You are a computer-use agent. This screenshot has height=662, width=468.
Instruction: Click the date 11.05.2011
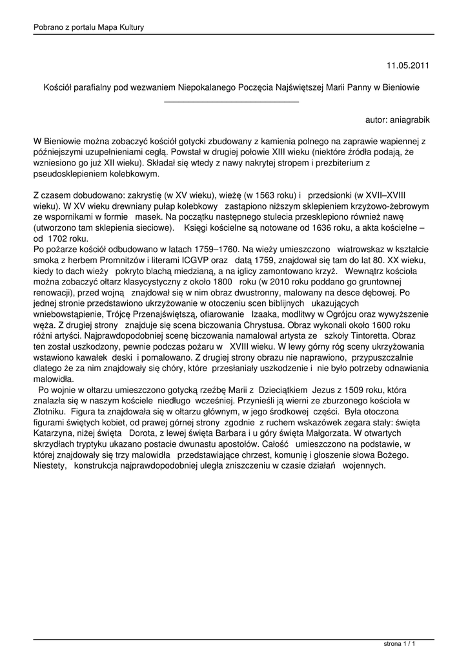coord(408,66)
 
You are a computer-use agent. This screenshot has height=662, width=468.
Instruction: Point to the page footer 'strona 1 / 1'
coord(400,645)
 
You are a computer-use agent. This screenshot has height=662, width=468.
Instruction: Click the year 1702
coord(62,239)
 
